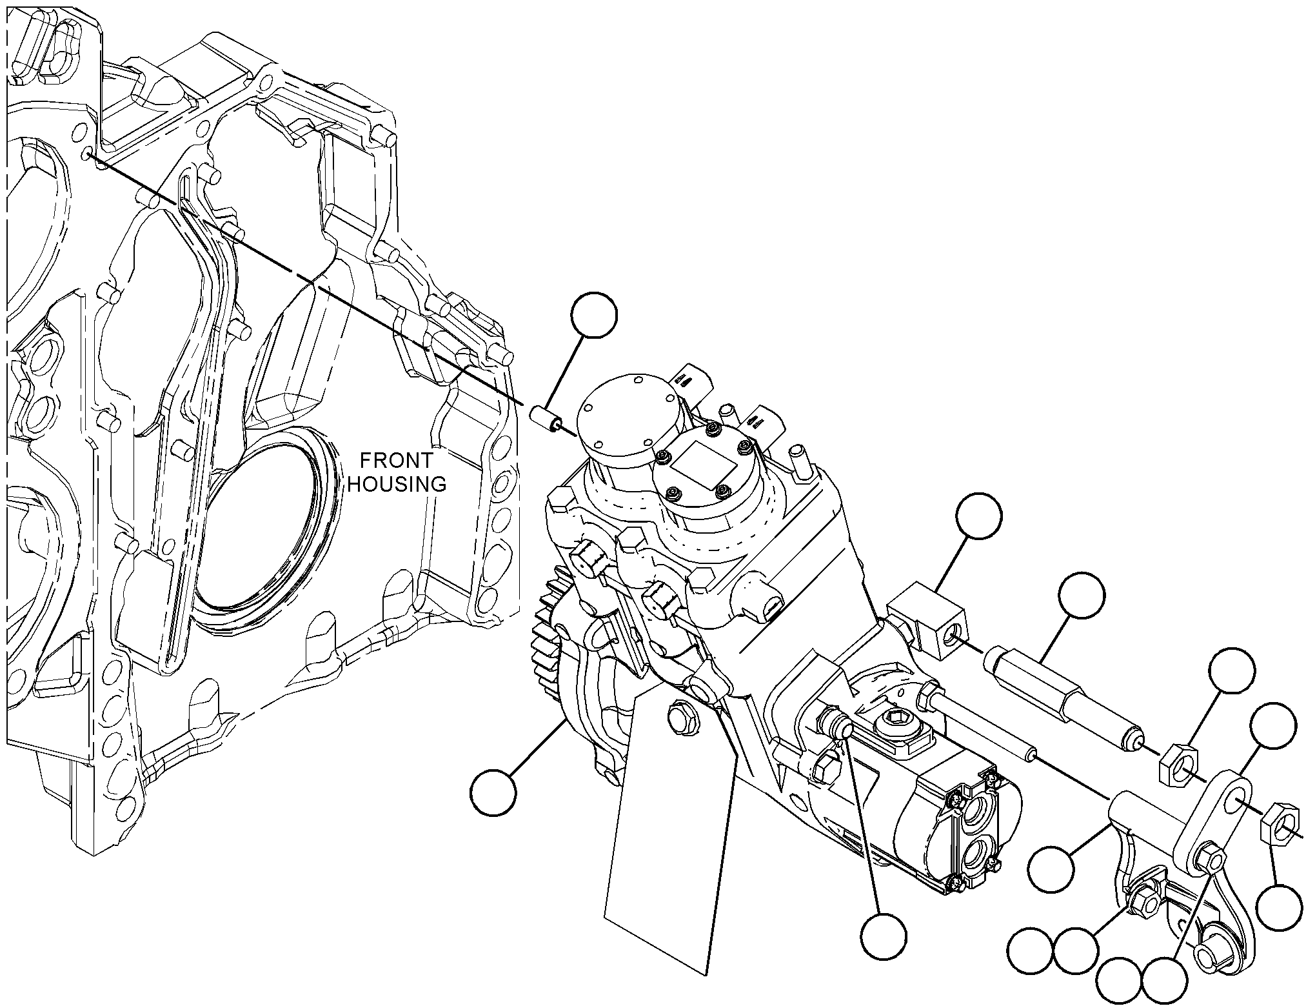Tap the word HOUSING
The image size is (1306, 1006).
coord(397,484)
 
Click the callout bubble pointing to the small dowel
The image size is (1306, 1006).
coord(594,315)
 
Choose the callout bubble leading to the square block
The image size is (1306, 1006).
coord(979,516)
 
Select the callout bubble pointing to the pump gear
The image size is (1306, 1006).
coord(493,792)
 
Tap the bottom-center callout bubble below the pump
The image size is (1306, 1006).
coord(883,936)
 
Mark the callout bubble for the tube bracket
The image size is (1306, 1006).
coord(1051,870)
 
